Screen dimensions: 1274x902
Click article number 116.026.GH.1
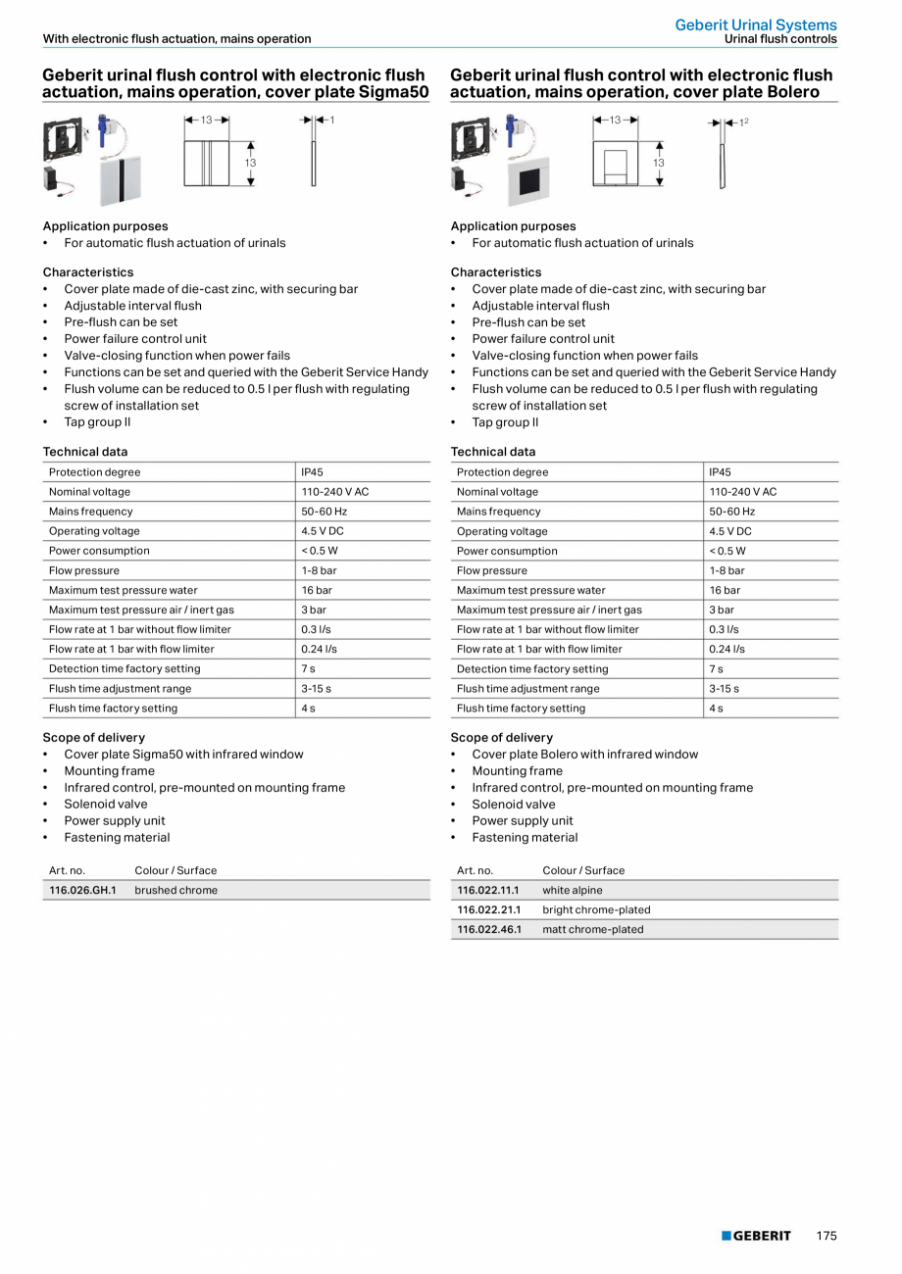[x=82, y=890]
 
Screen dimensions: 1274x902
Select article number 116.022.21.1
[x=489, y=909]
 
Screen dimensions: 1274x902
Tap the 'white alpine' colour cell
[x=573, y=890]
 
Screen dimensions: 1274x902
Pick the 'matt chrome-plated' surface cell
[x=593, y=929]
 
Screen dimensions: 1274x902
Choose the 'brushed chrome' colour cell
[x=176, y=890]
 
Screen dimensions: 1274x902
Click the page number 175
[x=827, y=1236]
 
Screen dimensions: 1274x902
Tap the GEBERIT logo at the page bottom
[x=757, y=1236]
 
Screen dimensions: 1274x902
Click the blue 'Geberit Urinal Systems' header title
[x=756, y=24]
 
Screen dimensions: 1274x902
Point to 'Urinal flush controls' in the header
[x=780, y=39]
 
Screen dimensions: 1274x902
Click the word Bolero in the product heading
[x=785, y=92]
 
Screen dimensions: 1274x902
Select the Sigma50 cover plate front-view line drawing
[x=207, y=163]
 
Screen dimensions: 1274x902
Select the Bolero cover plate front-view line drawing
[x=615, y=163]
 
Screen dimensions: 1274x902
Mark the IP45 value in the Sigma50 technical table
[x=312, y=472]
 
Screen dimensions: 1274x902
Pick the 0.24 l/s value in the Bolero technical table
[x=727, y=649]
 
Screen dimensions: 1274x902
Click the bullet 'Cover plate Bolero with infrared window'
[x=584, y=755]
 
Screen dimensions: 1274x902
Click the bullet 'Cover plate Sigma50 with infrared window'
[x=183, y=755]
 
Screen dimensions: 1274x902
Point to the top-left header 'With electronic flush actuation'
[x=176, y=39]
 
